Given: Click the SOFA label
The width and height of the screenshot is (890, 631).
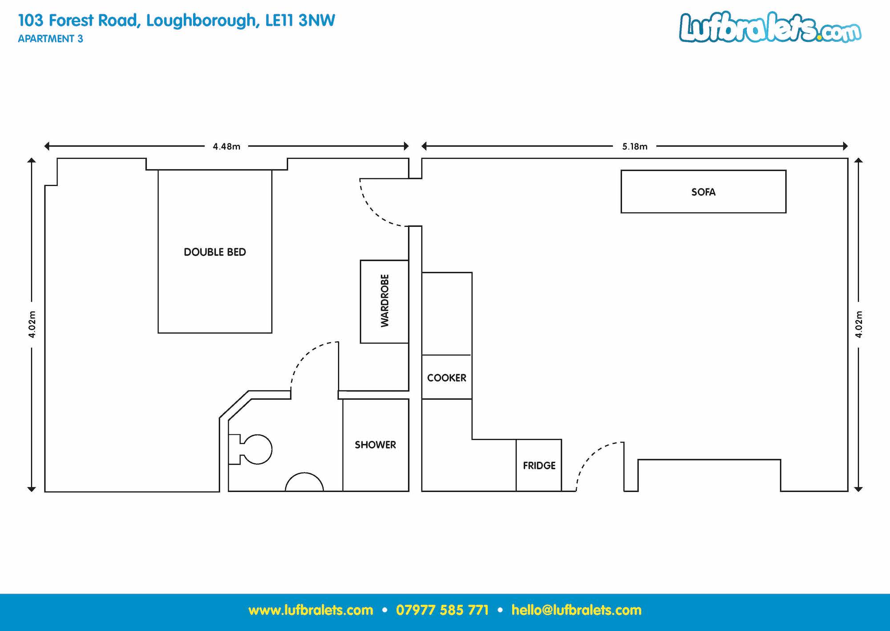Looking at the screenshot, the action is pos(703,192).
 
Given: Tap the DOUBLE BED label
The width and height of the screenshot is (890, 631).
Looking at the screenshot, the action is pos(215,252).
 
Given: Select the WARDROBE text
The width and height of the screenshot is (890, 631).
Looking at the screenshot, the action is pos(384,301).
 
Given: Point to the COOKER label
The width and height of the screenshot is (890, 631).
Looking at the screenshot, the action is pos(447,378).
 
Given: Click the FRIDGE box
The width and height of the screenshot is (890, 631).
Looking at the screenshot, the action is pos(539,465).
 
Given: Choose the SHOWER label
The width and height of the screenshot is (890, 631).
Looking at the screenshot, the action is pos(375,445).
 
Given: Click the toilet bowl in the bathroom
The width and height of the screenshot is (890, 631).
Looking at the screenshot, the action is pos(256,449).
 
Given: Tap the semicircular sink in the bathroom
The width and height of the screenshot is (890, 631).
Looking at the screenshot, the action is pos(304,482).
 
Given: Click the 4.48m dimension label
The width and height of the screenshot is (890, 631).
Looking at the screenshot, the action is pos(227,146).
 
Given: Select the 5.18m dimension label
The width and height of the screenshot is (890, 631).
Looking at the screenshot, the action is pos(635,146).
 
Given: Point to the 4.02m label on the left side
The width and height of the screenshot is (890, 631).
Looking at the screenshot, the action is pos(32,324).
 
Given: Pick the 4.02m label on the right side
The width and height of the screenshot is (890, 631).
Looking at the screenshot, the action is pos(858,324).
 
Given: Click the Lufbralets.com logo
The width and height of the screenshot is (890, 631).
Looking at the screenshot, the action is pos(770,27).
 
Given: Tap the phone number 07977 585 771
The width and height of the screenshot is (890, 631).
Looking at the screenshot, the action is pos(442,610).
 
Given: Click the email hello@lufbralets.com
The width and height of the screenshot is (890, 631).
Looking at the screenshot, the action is pos(576,610).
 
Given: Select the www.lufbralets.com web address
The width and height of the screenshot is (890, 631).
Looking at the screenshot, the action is pos(311,610).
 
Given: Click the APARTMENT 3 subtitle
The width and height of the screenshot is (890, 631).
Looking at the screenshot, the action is pos(50,39).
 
